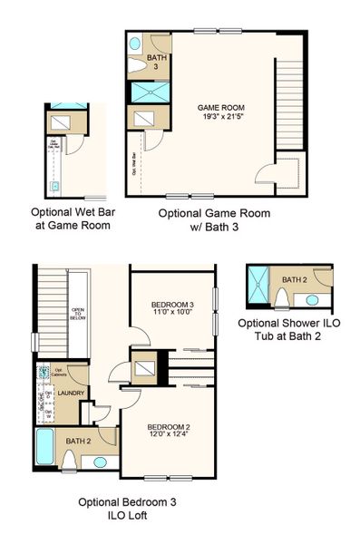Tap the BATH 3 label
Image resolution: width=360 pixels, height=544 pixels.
157,63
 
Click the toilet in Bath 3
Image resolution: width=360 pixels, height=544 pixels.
135,44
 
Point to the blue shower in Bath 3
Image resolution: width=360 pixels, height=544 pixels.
145,92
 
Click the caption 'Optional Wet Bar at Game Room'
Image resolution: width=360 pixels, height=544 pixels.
71,219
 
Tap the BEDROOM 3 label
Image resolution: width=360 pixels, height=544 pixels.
172,304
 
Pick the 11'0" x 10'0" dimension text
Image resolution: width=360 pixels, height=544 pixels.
172,313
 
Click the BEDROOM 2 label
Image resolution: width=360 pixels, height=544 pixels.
169,427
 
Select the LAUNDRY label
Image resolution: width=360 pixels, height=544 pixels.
72,393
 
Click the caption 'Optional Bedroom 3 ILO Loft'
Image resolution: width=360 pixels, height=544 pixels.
112,509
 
